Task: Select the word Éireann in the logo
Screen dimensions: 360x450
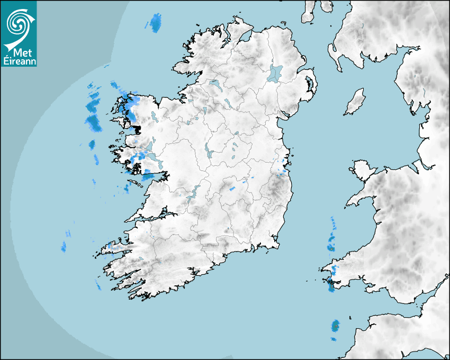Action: click(20, 61)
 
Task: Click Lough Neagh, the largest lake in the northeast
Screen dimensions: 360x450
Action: click(275, 73)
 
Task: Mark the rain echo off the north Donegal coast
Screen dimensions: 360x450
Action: click(155, 23)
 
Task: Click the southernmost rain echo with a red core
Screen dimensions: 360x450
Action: click(335, 326)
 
